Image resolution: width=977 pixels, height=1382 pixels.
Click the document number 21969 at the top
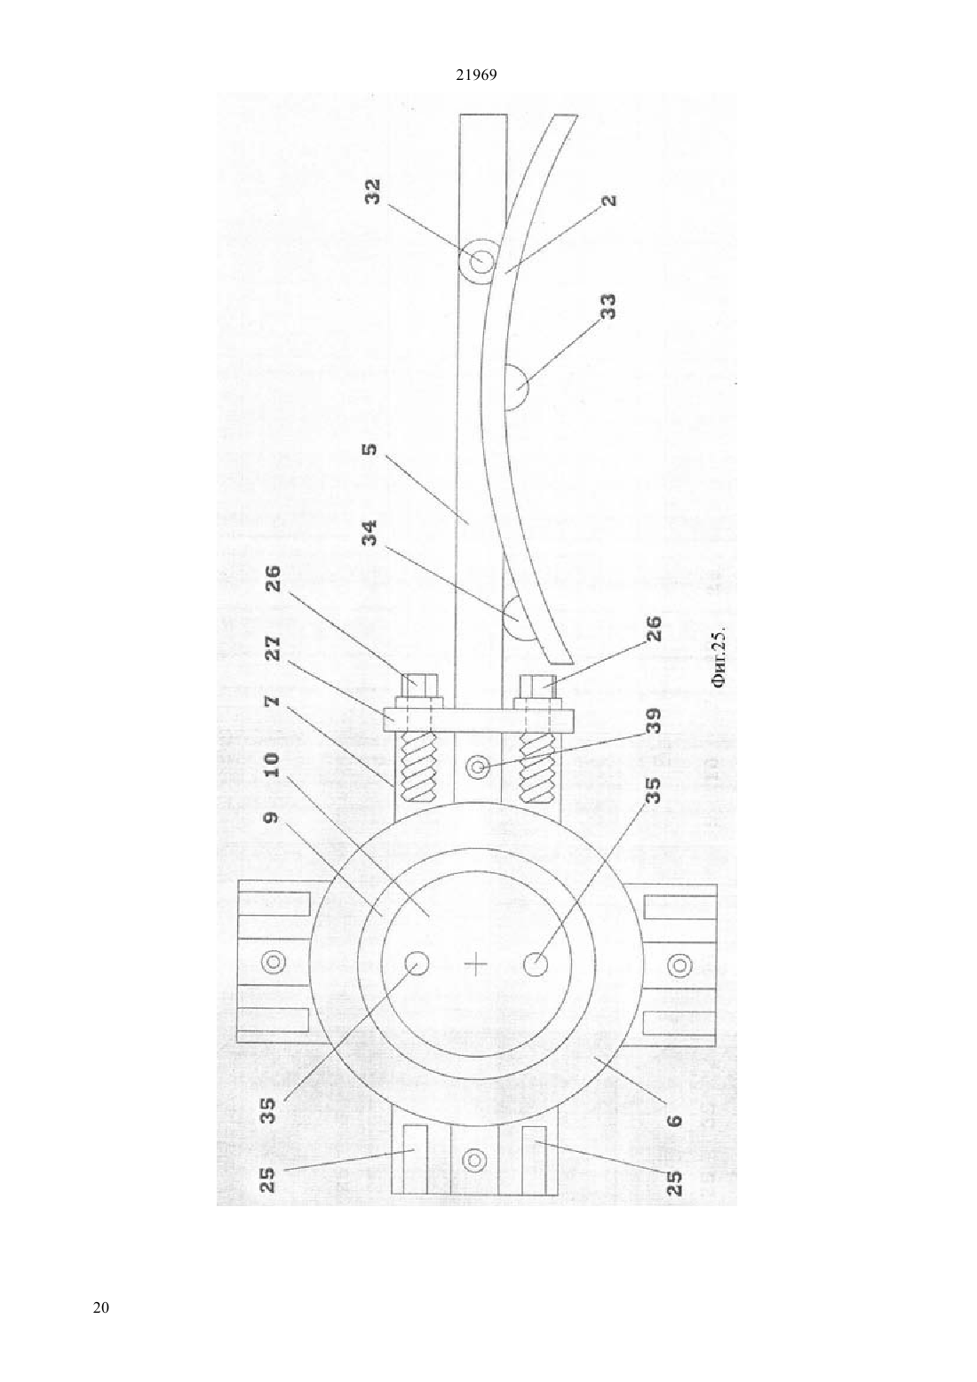476,75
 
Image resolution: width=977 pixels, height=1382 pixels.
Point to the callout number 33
608,306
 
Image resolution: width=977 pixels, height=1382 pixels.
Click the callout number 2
608,201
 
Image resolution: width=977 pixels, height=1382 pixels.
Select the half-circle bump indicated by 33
517,387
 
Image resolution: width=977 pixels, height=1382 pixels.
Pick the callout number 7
273,701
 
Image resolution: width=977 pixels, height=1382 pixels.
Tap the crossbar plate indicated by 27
479,719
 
